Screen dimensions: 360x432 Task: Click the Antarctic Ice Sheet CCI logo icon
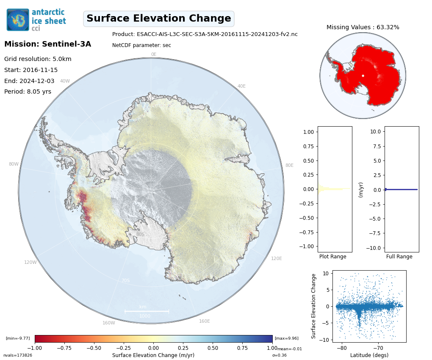pos(18,19)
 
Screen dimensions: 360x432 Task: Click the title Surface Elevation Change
pos(159,19)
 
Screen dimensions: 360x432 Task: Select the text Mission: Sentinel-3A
pos(47,44)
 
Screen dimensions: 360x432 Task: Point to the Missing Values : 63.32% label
pos(363,27)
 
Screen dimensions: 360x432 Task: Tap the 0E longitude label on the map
pos(154,54)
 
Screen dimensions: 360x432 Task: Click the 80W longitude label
pos(14,164)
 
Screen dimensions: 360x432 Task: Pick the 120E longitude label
pos(276,258)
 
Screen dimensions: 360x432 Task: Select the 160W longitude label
pos(108,323)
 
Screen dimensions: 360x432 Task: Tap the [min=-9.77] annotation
pos(18,338)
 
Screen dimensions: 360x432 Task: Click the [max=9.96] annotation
pos(286,338)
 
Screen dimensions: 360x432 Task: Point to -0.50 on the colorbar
pos(94,348)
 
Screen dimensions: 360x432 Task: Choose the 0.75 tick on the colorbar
pos(243,348)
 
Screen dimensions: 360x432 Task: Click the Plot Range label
pos(332,257)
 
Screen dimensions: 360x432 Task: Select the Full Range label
pos(399,257)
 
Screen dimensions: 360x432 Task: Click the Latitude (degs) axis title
pos(369,355)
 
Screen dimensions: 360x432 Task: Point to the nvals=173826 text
pos(18,355)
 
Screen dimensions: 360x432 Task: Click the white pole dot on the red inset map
pos(363,75)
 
